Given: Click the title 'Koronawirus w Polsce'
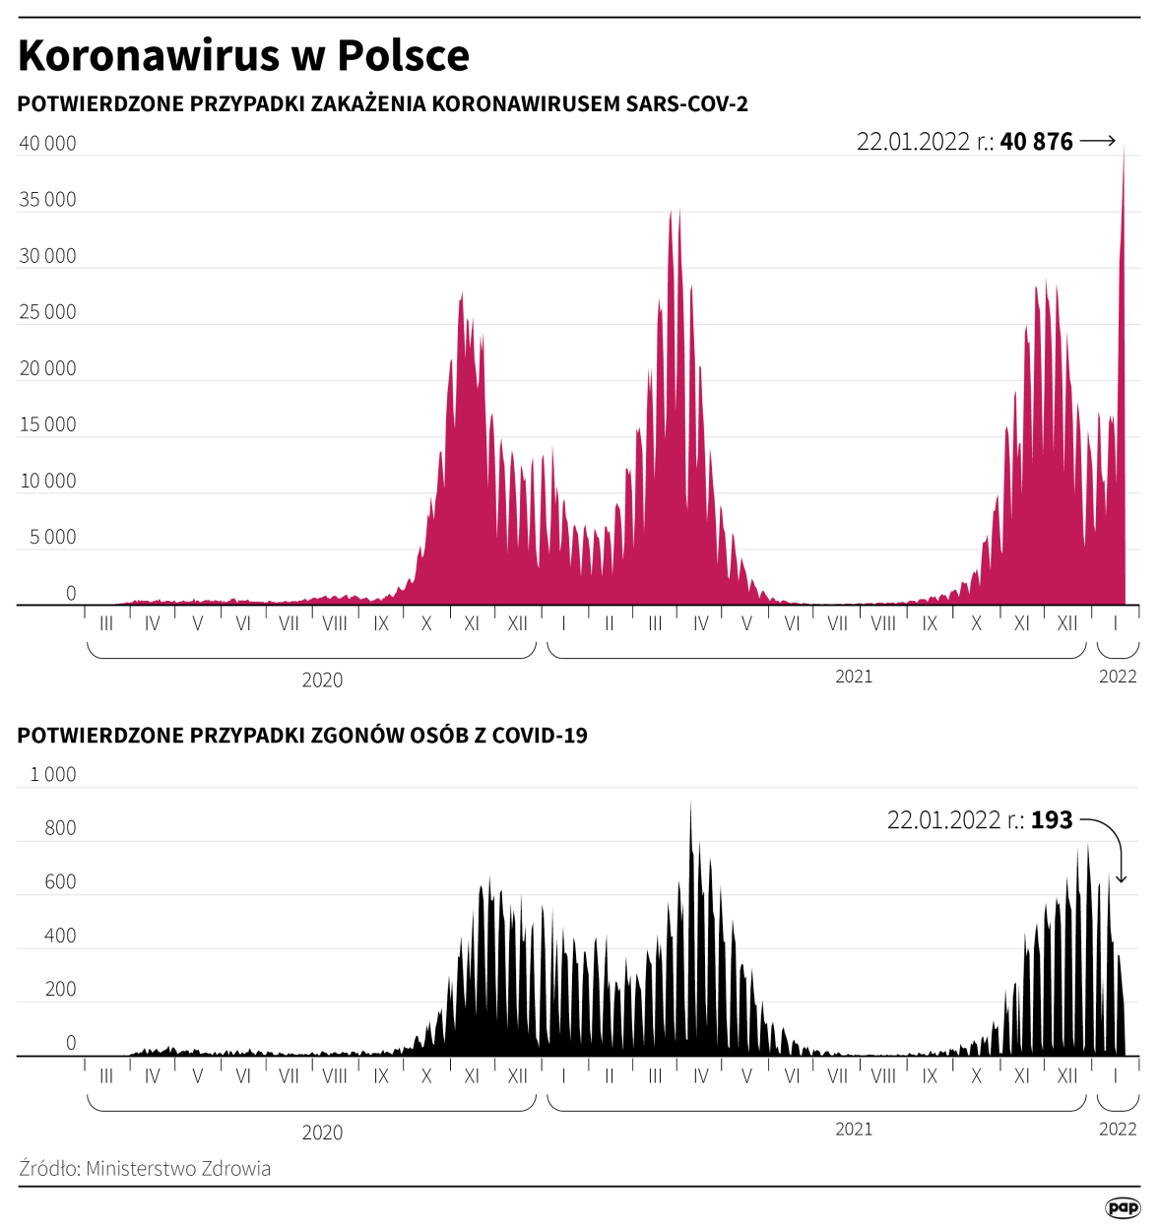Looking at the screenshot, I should (243, 56).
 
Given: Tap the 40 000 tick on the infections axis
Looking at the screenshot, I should (47, 144).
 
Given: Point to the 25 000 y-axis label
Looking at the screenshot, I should (47, 312).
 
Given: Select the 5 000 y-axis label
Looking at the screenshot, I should (52, 538).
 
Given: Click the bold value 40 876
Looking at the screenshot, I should (1036, 142).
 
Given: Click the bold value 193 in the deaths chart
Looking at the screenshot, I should (1052, 820).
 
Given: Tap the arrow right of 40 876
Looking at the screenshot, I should (1098, 142).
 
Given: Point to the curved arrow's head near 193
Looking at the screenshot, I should (1121, 878).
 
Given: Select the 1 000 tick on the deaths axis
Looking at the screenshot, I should (52, 775).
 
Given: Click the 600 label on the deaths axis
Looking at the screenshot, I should (60, 882).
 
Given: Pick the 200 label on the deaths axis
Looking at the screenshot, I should (60, 990).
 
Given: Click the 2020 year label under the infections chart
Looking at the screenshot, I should (322, 680).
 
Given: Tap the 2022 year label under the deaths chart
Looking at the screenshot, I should (1118, 1130).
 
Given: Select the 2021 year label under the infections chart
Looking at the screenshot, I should (854, 677).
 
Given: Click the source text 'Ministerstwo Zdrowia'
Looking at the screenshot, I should (178, 1169).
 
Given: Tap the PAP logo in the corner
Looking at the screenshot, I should (1123, 1207).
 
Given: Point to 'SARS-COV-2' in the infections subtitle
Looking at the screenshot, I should (686, 104).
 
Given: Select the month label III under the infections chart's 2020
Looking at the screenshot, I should (106, 623).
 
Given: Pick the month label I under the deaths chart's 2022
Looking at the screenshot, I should (1116, 1076).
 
